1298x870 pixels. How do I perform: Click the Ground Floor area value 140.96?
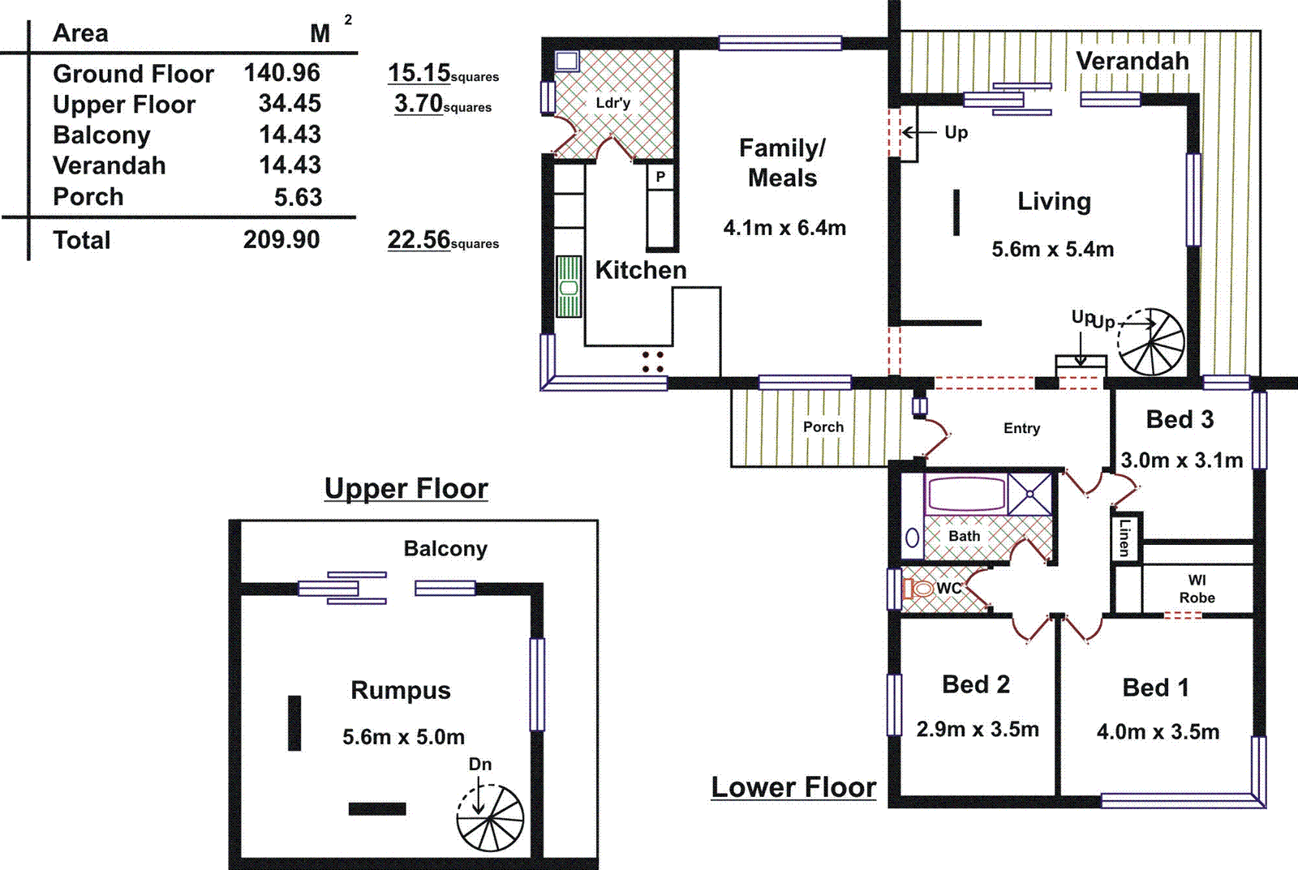(x=282, y=73)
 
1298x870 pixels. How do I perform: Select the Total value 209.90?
(x=282, y=240)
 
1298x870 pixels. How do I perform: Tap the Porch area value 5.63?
(x=298, y=197)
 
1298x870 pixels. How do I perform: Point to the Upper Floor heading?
(x=406, y=489)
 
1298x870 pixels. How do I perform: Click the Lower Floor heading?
(x=793, y=787)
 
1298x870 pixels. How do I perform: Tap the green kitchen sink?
(x=569, y=286)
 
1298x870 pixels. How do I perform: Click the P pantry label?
(x=660, y=176)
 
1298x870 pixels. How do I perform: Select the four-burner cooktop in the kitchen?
(x=653, y=362)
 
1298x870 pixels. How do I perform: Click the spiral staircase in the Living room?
(x=1151, y=342)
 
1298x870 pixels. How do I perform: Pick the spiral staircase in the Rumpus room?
(x=490, y=818)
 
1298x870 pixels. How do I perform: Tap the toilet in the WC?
(x=920, y=589)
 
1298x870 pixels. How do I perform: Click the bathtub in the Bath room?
(x=965, y=493)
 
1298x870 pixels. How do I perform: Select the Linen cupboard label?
(x=1124, y=537)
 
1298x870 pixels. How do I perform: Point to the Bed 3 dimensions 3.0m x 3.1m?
(x=1181, y=461)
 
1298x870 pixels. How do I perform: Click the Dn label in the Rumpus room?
(x=480, y=765)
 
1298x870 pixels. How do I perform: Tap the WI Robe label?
(x=1197, y=589)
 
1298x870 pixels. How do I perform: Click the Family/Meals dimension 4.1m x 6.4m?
(x=784, y=228)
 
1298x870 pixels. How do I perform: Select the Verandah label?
(x=1132, y=61)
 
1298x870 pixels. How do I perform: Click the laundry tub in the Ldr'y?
(x=566, y=61)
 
